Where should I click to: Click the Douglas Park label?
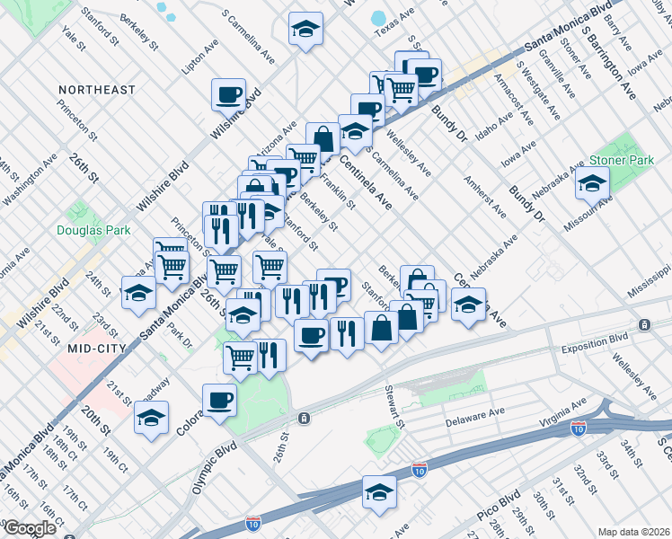tap(93, 231)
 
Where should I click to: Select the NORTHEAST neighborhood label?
tap(96, 90)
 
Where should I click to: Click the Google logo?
tap(30, 528)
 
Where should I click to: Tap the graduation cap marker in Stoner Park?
tap(591, 184)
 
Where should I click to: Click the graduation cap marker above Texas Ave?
tap(305, 30)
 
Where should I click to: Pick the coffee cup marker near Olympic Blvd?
tap(219, 399)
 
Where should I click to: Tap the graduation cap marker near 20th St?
tap(151, 417)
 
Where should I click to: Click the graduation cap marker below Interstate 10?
tap(379, 491)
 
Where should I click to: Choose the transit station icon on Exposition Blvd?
tap(644, 323)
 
